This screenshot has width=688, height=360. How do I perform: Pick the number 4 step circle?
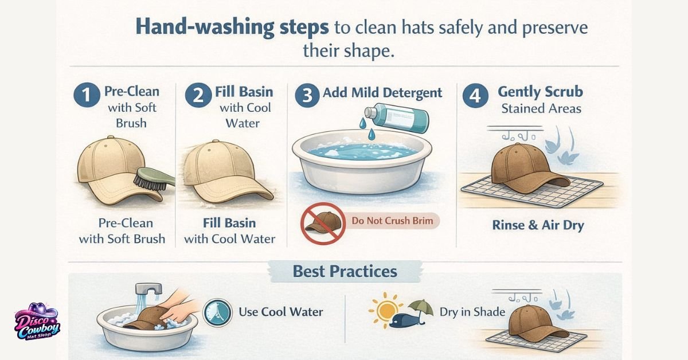(x=475, y=96)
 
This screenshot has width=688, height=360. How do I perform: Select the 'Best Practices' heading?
(x=345, y=271)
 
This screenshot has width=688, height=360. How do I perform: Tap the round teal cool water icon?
(x=218, y=313)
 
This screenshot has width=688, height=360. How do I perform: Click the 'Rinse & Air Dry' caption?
(x=538, y=225)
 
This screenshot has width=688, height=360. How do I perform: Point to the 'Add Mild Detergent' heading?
(x=383, y=93)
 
